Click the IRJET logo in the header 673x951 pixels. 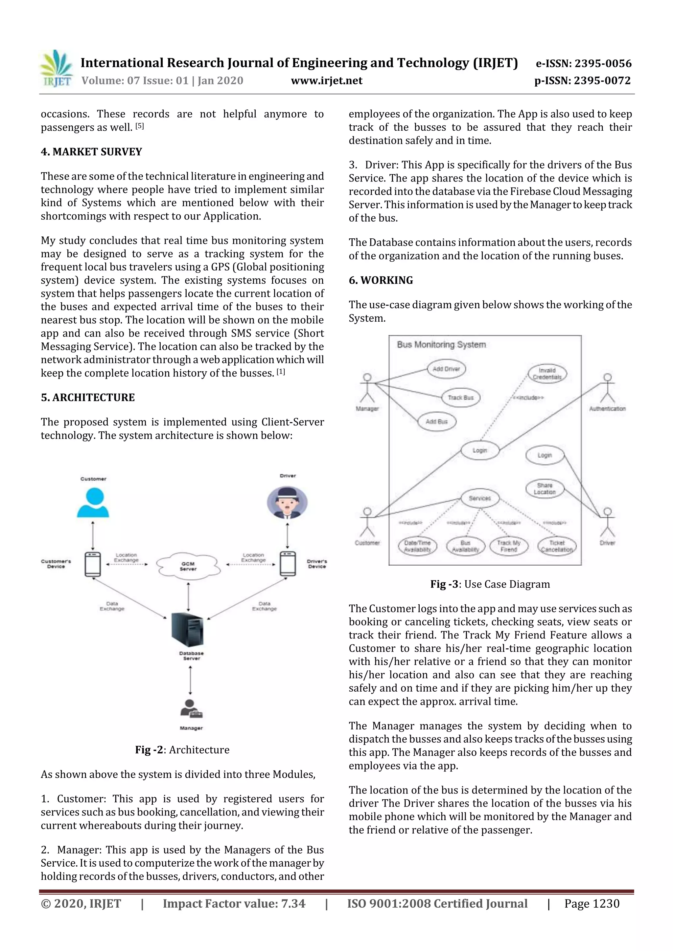[x=57, y=69]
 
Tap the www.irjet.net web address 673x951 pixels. [x=326, y=80]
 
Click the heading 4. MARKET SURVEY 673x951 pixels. [x=91, y=152]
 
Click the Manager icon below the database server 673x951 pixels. [x=191, y=709]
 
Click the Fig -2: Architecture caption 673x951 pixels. [x=182, y=750]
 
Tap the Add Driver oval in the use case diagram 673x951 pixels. [x=446, y=369]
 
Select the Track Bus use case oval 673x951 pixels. [x=460, y=398]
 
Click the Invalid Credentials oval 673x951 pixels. [x=547, y=374]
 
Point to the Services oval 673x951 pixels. [x=480, y=498]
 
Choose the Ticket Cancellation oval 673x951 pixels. [x=556, y=546]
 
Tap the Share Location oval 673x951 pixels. [x=545, y=489]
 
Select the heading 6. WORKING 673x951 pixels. [x=381, y=280]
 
